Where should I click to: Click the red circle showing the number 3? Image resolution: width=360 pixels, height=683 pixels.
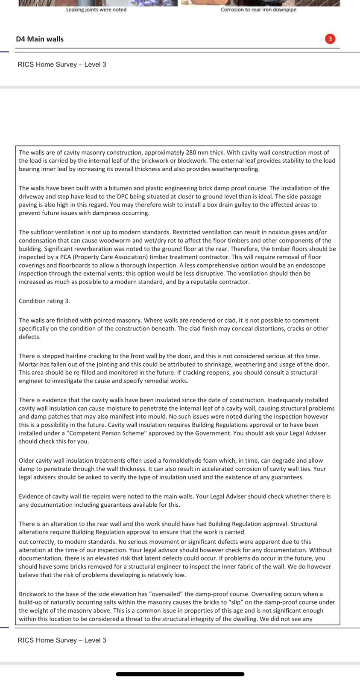[x=330, y=39]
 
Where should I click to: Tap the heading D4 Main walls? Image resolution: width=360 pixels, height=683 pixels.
[x=40, y=39]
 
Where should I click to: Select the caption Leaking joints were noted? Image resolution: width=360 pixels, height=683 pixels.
[x=96, y=9]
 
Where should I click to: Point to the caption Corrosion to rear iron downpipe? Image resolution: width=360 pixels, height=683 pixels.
[x=258, y=9]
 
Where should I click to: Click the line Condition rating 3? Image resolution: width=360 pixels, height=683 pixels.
[x=44, y=301]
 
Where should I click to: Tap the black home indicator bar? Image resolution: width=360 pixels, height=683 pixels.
[x=180, y=674]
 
